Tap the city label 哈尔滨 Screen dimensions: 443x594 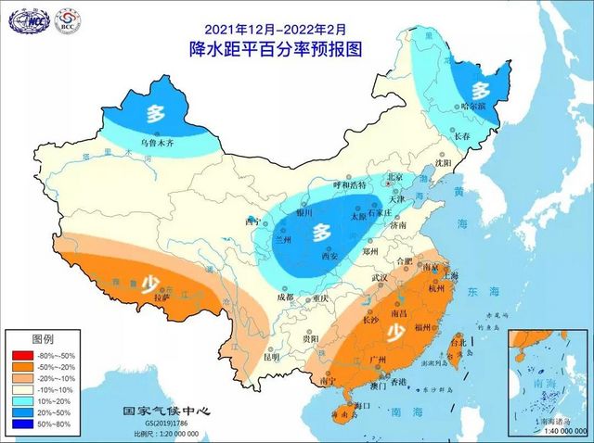(x=468, y=120)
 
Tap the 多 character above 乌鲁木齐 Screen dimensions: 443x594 (x=155, y=116)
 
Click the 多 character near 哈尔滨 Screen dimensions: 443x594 (x=480, y=91)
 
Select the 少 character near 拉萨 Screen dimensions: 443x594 (x=147, y=284)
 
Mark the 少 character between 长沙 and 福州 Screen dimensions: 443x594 (x=395, y=331)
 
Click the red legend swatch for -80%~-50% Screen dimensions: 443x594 (x=19, y=354)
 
